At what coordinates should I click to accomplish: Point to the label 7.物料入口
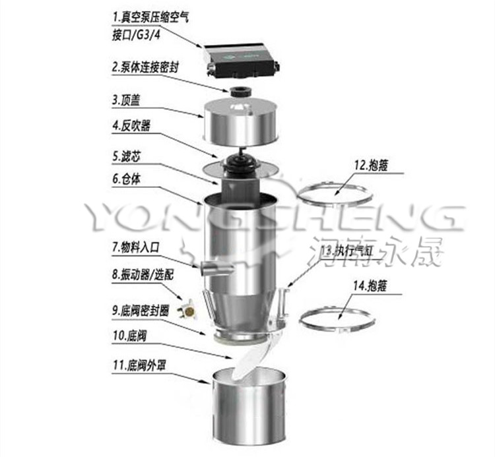tap(136, 249)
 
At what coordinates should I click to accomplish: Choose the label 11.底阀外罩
tap(139, 363)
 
